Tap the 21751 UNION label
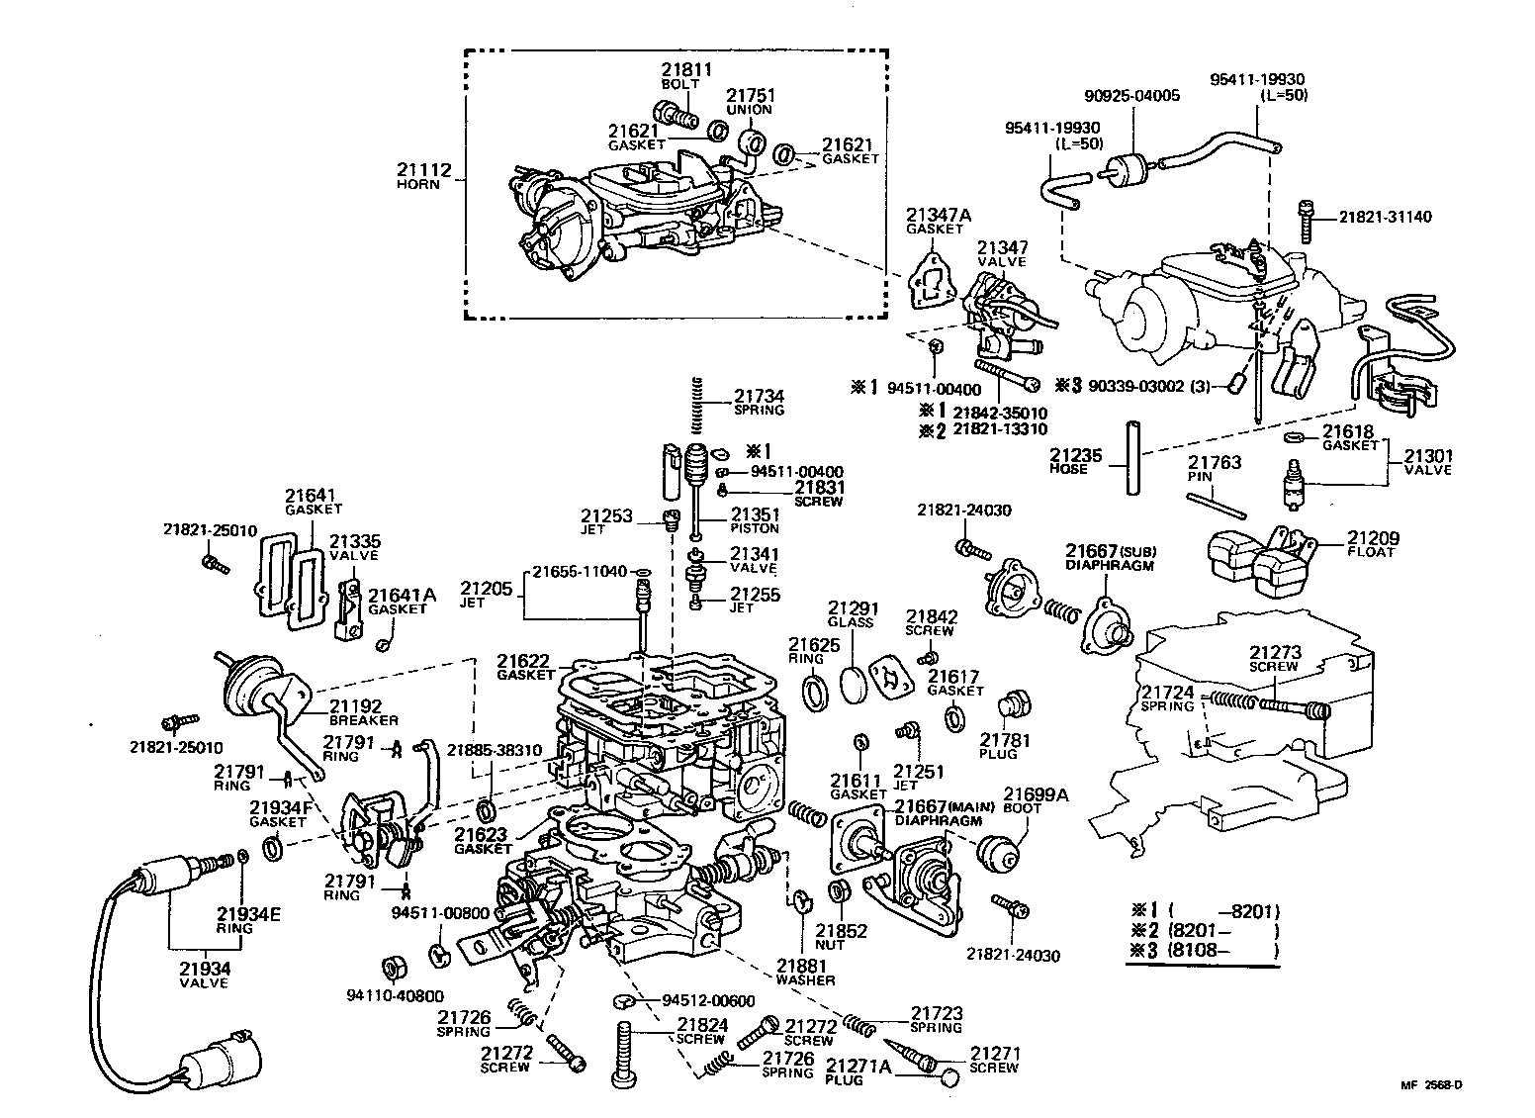click(751, 101)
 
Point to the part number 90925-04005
click(1131, 96)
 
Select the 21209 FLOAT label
click(1370, 544)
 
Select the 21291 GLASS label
click(851, 614)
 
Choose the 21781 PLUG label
click(1005, 745)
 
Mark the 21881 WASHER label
click(805, 972)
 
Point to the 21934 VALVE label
click(204, 975)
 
